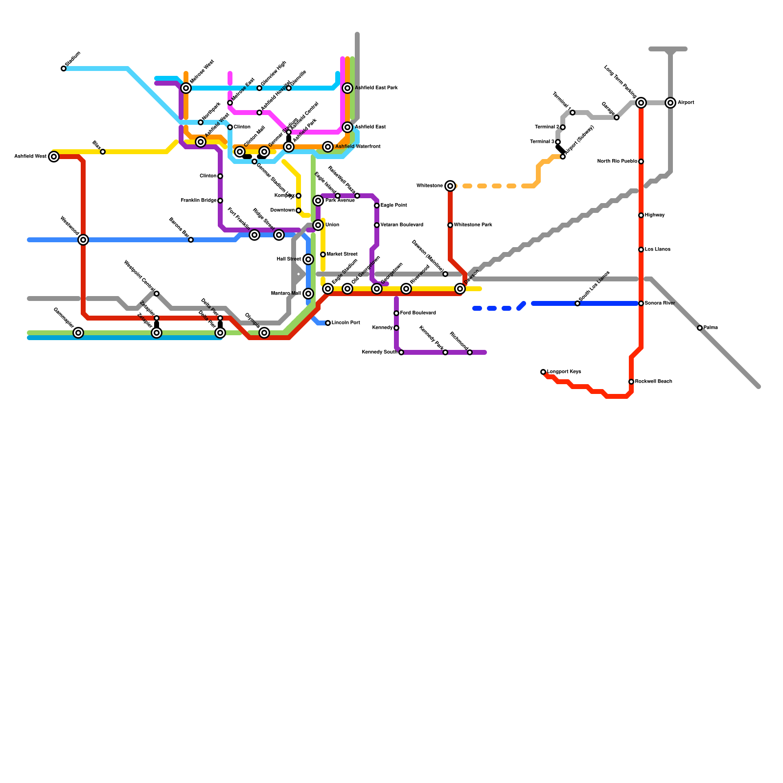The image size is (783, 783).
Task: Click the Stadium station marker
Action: coord(64,69)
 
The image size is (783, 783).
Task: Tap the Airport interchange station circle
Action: coord(670,103)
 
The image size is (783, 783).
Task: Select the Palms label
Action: coord(711,328)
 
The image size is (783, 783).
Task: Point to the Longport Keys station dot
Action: coord(543,372)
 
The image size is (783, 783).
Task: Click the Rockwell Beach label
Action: coord(653,382)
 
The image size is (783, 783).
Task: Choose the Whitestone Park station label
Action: coord(473,225)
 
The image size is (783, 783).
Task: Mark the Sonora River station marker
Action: coord(641,303)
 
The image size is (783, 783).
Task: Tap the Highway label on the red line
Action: coord(654,215)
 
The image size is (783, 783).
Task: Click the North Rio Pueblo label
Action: coord(617,161)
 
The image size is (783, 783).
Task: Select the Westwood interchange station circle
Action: coord(83,240)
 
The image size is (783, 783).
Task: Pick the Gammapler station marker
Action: coord(78,333)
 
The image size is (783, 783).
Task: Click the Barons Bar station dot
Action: coord(191,240)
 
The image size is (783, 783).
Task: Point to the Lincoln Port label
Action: coord(345,323)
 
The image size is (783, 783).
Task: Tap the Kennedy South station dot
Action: coord(401,352)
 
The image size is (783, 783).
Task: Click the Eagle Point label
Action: coord(393,206)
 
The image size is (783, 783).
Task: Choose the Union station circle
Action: coord(318,225)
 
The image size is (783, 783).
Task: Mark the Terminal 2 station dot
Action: coord(563,127)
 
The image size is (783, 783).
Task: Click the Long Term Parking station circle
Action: coord(641,103)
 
